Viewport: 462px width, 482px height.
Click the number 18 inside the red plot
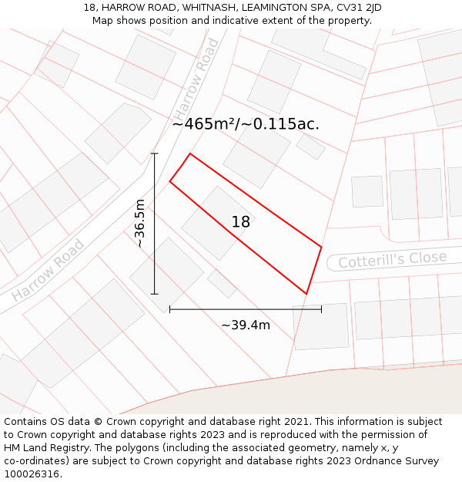241,222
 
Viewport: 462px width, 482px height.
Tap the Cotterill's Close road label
392,259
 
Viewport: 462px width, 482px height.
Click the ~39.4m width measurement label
246,325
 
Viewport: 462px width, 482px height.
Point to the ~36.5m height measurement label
140,223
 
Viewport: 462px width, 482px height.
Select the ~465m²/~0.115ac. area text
246,124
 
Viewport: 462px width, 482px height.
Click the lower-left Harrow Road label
48,271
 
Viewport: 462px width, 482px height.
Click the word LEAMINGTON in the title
273,8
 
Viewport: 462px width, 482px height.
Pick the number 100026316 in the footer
32,474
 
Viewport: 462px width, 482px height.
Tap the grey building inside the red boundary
218,223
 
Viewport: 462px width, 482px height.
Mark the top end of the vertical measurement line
155,153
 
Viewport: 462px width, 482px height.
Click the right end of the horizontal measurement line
321,309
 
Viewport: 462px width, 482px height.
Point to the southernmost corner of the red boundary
306,294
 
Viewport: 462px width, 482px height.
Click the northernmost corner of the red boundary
189,153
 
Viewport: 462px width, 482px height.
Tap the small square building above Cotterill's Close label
367,191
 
